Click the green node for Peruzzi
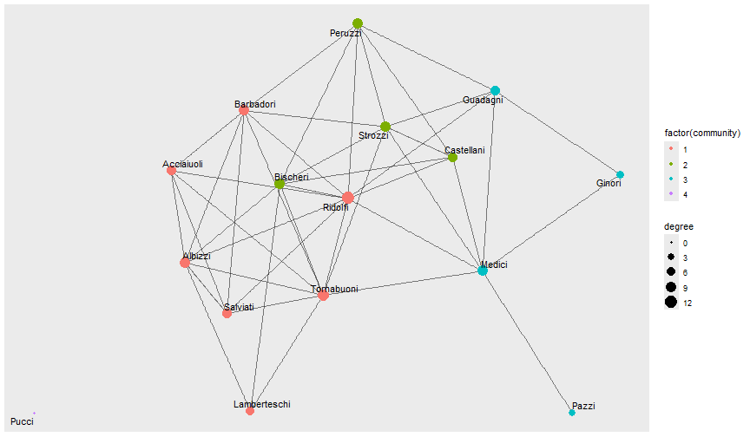click(x=358, y=23)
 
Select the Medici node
click(x=483, y=271)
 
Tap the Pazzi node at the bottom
click(x=572, y=412)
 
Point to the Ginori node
click(x=620, y=174)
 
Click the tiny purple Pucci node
click(x=34, y=413)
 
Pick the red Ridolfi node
click(x=348, y=198)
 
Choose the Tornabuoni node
click(x=324, y=296)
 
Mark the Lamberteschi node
click(x=250, y=411)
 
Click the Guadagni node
click(x=495, y=90)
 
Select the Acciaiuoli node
click(x=172, y=171)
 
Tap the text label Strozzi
click(x=374, y=136)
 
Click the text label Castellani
click(x=465, y=151)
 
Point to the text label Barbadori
click(x=255, y=105)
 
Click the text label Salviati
click(x=239, y=308)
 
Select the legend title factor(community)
click(x=702, y=133)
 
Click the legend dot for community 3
click(x=672, y=179)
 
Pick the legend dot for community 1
click(x=672, y=150)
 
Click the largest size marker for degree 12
click(x=672, y=303)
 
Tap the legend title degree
click(x=679, y=226)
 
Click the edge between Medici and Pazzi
click(x=528, y=342)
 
